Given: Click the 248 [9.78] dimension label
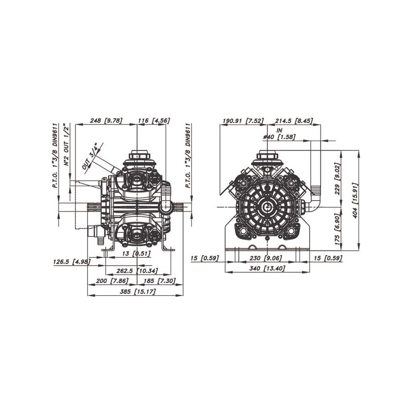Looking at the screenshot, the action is (106, 121).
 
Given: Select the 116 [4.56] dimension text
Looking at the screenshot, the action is (154, 121).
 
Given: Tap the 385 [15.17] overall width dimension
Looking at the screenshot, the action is (137, 292).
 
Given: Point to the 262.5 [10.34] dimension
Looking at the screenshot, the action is (137, 271).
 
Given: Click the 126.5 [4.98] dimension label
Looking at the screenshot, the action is (72, 262).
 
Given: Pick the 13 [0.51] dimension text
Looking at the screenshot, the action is (136, 253).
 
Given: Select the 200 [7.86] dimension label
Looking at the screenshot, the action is (112, 281).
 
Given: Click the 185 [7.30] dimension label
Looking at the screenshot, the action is (160, 281).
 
